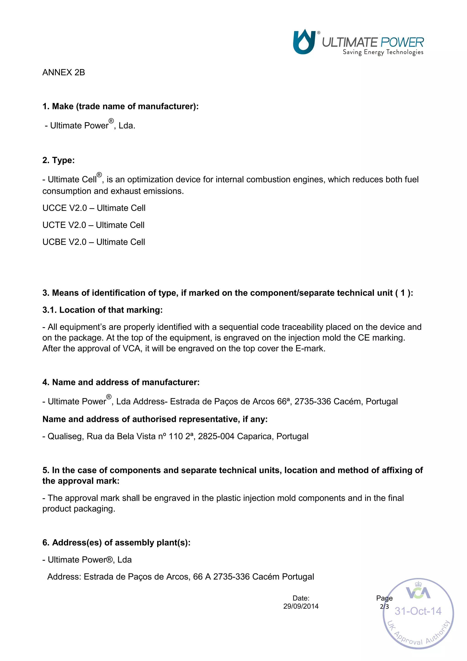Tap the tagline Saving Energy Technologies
(383, 52)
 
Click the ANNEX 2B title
(64, 72)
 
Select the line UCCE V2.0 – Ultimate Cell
(94, 208)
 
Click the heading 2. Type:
(58, 160)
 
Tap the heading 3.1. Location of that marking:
(102, 310)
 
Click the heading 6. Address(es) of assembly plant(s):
(116, 542)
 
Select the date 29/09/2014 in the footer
(301, 606)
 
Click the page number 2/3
(384, 606)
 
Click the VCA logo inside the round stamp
(418, 593)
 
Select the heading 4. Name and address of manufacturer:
(121, 382)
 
